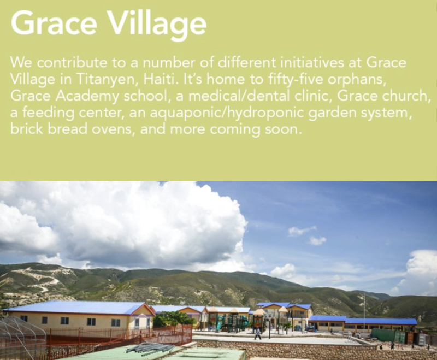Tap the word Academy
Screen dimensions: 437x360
pyautogui.click(x=87, y=96)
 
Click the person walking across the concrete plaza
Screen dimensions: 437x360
pyautogui.click(x=258, y=334)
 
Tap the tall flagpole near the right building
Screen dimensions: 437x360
pyautogui.click(x=364, y=315)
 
